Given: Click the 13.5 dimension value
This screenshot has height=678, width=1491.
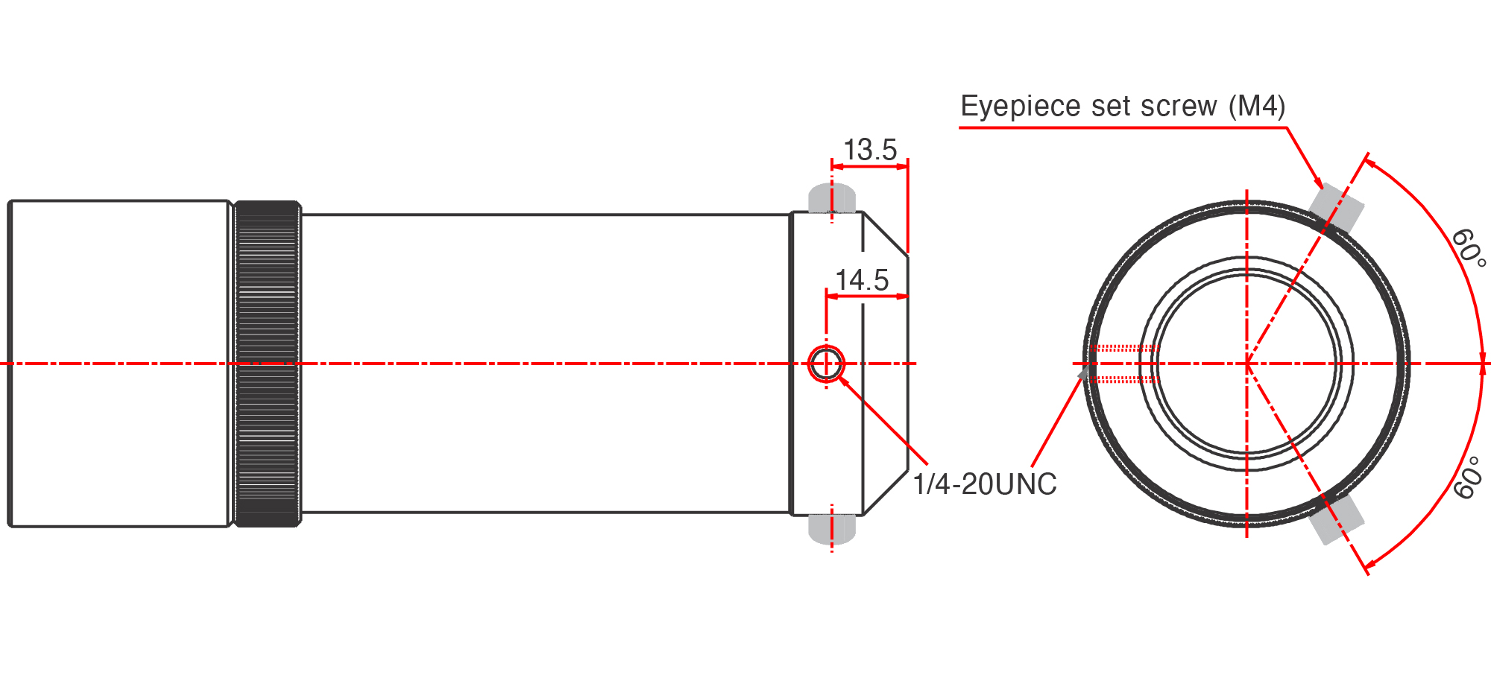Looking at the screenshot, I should pyautogui.click(x=869, y=150).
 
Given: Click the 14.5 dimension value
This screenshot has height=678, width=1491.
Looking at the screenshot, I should pyautogui.click(x=862, y=281).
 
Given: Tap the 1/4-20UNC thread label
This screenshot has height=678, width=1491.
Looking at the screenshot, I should pyautogui.click(x=985, y=484).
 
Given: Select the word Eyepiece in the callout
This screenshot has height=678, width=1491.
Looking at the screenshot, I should pyautogui.click(x=1012, y=107).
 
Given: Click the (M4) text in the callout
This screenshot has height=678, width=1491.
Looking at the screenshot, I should pyautogui.click(x=1257, y=107).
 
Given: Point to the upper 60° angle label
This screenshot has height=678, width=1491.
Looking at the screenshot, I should pyautogui.click(x=1468, y=248).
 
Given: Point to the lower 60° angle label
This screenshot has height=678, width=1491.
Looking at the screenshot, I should pyautogui.click(x=1468, y=478).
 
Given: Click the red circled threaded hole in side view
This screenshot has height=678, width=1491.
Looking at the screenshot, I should pyautogui.click(x=826, y=364).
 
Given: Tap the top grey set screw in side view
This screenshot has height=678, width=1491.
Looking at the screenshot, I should pyautogui.click(x=832, y=198).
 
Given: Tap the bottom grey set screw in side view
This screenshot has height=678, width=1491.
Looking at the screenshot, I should pyautogui.click(x=832, y=527).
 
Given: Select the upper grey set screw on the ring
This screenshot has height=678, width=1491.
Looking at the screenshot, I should pyautogui.click(x=1337, y=206).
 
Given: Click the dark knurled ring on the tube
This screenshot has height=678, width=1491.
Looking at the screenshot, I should pyautogui.click(x=267, y=364).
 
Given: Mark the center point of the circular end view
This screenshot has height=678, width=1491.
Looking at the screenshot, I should pyautogui.click(x=1246, y=364).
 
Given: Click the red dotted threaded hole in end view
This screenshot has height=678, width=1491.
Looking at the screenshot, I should pyautogui.click(x=1123, y=364).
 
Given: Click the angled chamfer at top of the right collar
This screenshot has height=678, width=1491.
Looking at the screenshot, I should pyautogui.click(x=886, y=234).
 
